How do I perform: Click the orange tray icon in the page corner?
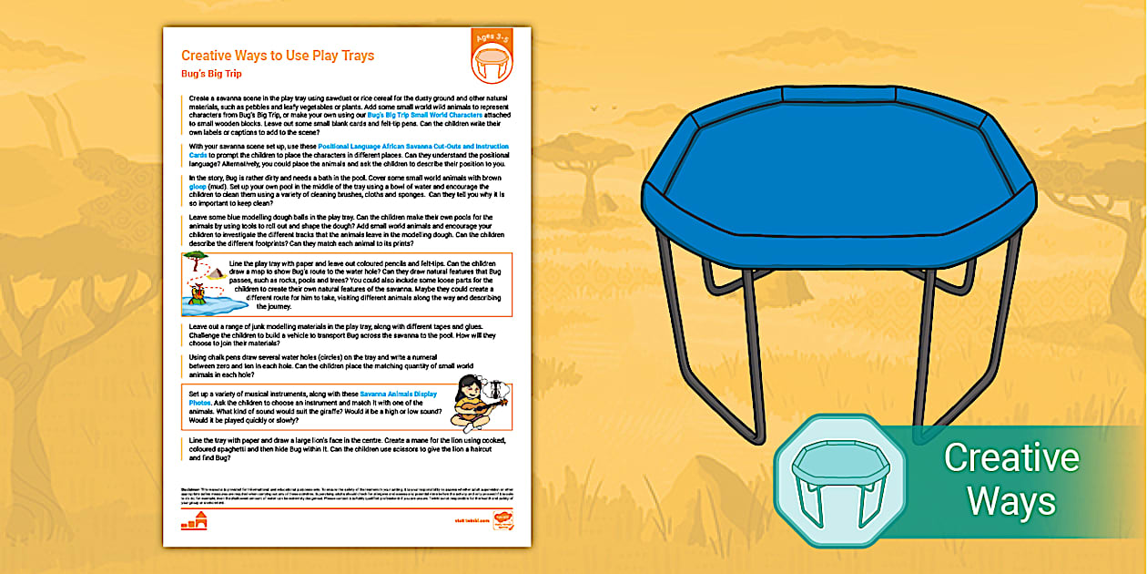491,64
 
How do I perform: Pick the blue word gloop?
198,186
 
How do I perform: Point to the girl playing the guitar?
472,405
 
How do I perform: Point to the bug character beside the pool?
194,291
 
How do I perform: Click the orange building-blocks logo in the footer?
194,521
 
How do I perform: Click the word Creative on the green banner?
1011,457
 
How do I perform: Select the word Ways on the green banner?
1011,501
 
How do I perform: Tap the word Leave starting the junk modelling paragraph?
199,325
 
